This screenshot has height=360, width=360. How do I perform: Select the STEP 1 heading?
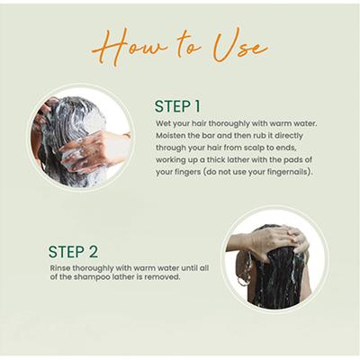click(177, 106)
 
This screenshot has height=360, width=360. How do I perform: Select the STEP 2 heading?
click(73, 252)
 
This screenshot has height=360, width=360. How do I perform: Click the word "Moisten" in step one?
click(170, 136)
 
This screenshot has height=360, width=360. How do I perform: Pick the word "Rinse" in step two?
click(60, 268)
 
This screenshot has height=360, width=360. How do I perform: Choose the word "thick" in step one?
click(209, 159)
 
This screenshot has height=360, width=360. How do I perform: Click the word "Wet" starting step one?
click(162, 123)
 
